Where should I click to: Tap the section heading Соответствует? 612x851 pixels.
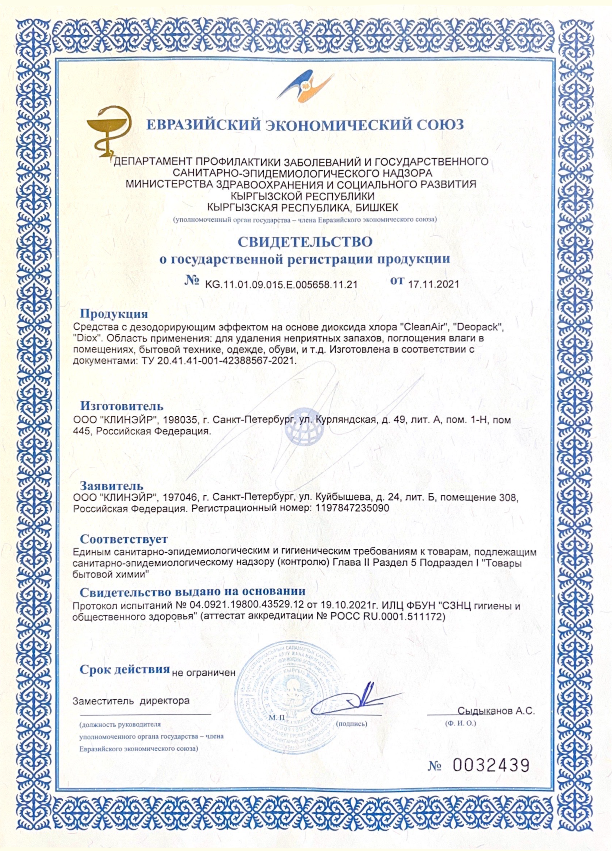click(124, 540)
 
